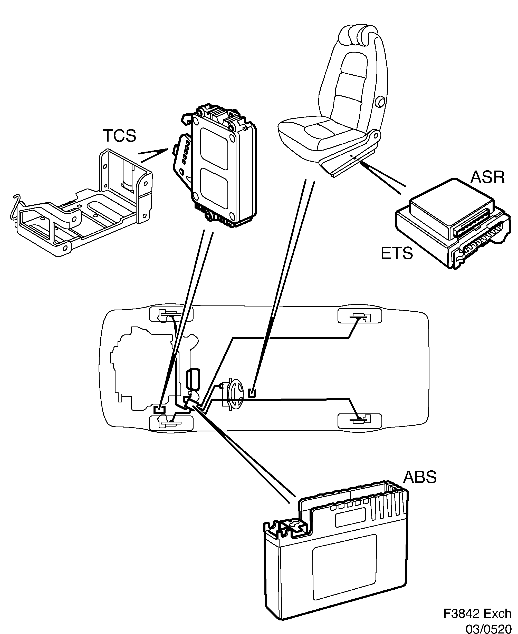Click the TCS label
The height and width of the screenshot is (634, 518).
tap(119, 136)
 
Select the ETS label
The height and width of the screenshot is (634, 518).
tap(397, 253)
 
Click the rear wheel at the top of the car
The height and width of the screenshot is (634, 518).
tap(360, 316)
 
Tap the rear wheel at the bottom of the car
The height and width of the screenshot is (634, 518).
tap(360, 421)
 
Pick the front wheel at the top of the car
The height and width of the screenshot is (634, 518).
tap(171, 314)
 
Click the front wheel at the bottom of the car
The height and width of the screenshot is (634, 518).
tap(171, 423)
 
